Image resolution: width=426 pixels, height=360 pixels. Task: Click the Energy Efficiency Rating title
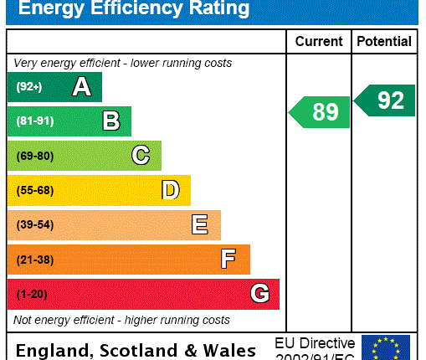coord(134,10)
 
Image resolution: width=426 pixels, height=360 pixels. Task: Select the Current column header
coord(319,41)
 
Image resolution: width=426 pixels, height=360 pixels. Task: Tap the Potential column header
coord(384,41)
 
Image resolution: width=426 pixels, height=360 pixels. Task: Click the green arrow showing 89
coord(321,112)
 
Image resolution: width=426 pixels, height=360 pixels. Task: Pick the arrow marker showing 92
coord(385,100)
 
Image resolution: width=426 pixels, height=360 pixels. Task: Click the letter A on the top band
coord(81,86)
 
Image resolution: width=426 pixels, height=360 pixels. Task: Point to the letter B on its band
coord(110,121)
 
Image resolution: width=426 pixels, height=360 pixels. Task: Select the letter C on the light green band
coord(141,156)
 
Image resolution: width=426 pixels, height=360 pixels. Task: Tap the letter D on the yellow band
coord(170,190)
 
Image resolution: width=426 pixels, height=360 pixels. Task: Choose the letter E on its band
coord(199,224)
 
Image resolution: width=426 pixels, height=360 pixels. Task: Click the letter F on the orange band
coord(228,260)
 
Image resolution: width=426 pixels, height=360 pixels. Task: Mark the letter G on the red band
coord(259,294)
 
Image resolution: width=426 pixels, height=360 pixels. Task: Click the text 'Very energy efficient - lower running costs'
coord(123,64)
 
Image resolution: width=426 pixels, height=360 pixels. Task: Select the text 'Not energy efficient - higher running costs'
coord(121,320)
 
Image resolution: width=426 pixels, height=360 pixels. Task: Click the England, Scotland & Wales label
coord(136,349)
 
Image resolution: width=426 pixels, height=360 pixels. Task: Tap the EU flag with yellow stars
coord(386,347)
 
